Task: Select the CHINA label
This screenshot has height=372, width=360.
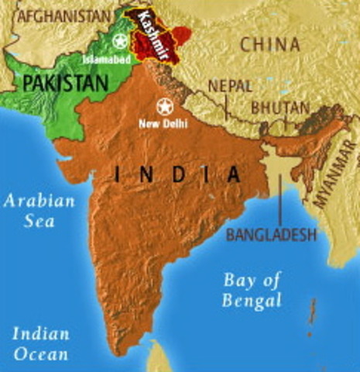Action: point(269,44)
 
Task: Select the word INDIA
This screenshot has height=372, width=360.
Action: point(177,175)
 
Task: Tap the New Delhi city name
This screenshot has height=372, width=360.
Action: point(164,122)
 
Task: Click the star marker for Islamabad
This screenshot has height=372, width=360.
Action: point(120,41)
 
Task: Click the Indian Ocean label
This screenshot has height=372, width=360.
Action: point(40,345)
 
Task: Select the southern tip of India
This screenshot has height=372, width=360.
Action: point(136,350)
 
